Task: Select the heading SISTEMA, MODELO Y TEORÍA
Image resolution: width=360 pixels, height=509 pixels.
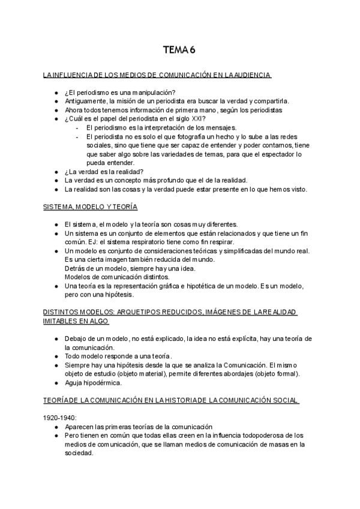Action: coord(91,206)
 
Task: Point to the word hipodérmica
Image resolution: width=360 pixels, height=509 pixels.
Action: coord(101,382)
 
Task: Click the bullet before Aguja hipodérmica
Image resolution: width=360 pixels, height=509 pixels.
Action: coord(55,382)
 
